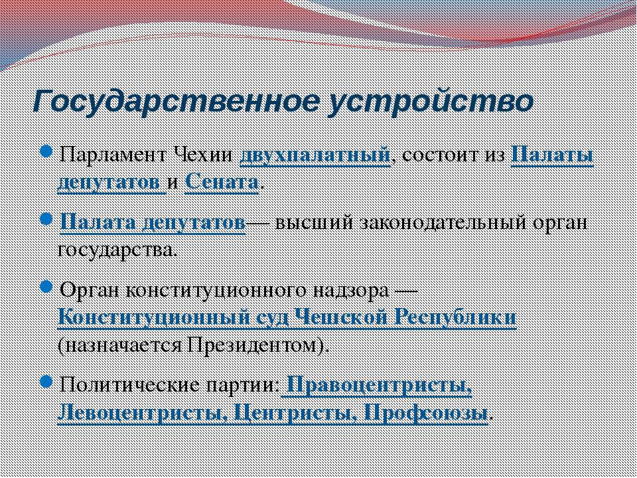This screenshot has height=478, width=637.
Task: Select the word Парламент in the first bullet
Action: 113,155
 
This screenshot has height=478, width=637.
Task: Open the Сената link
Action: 222,182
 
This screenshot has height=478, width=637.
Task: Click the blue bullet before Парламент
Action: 46,153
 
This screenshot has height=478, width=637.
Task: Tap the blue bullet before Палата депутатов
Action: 46,220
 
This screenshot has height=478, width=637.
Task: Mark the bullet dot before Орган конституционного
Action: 46,287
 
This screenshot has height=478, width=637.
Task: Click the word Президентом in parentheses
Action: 254,345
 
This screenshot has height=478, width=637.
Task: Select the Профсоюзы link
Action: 426,412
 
